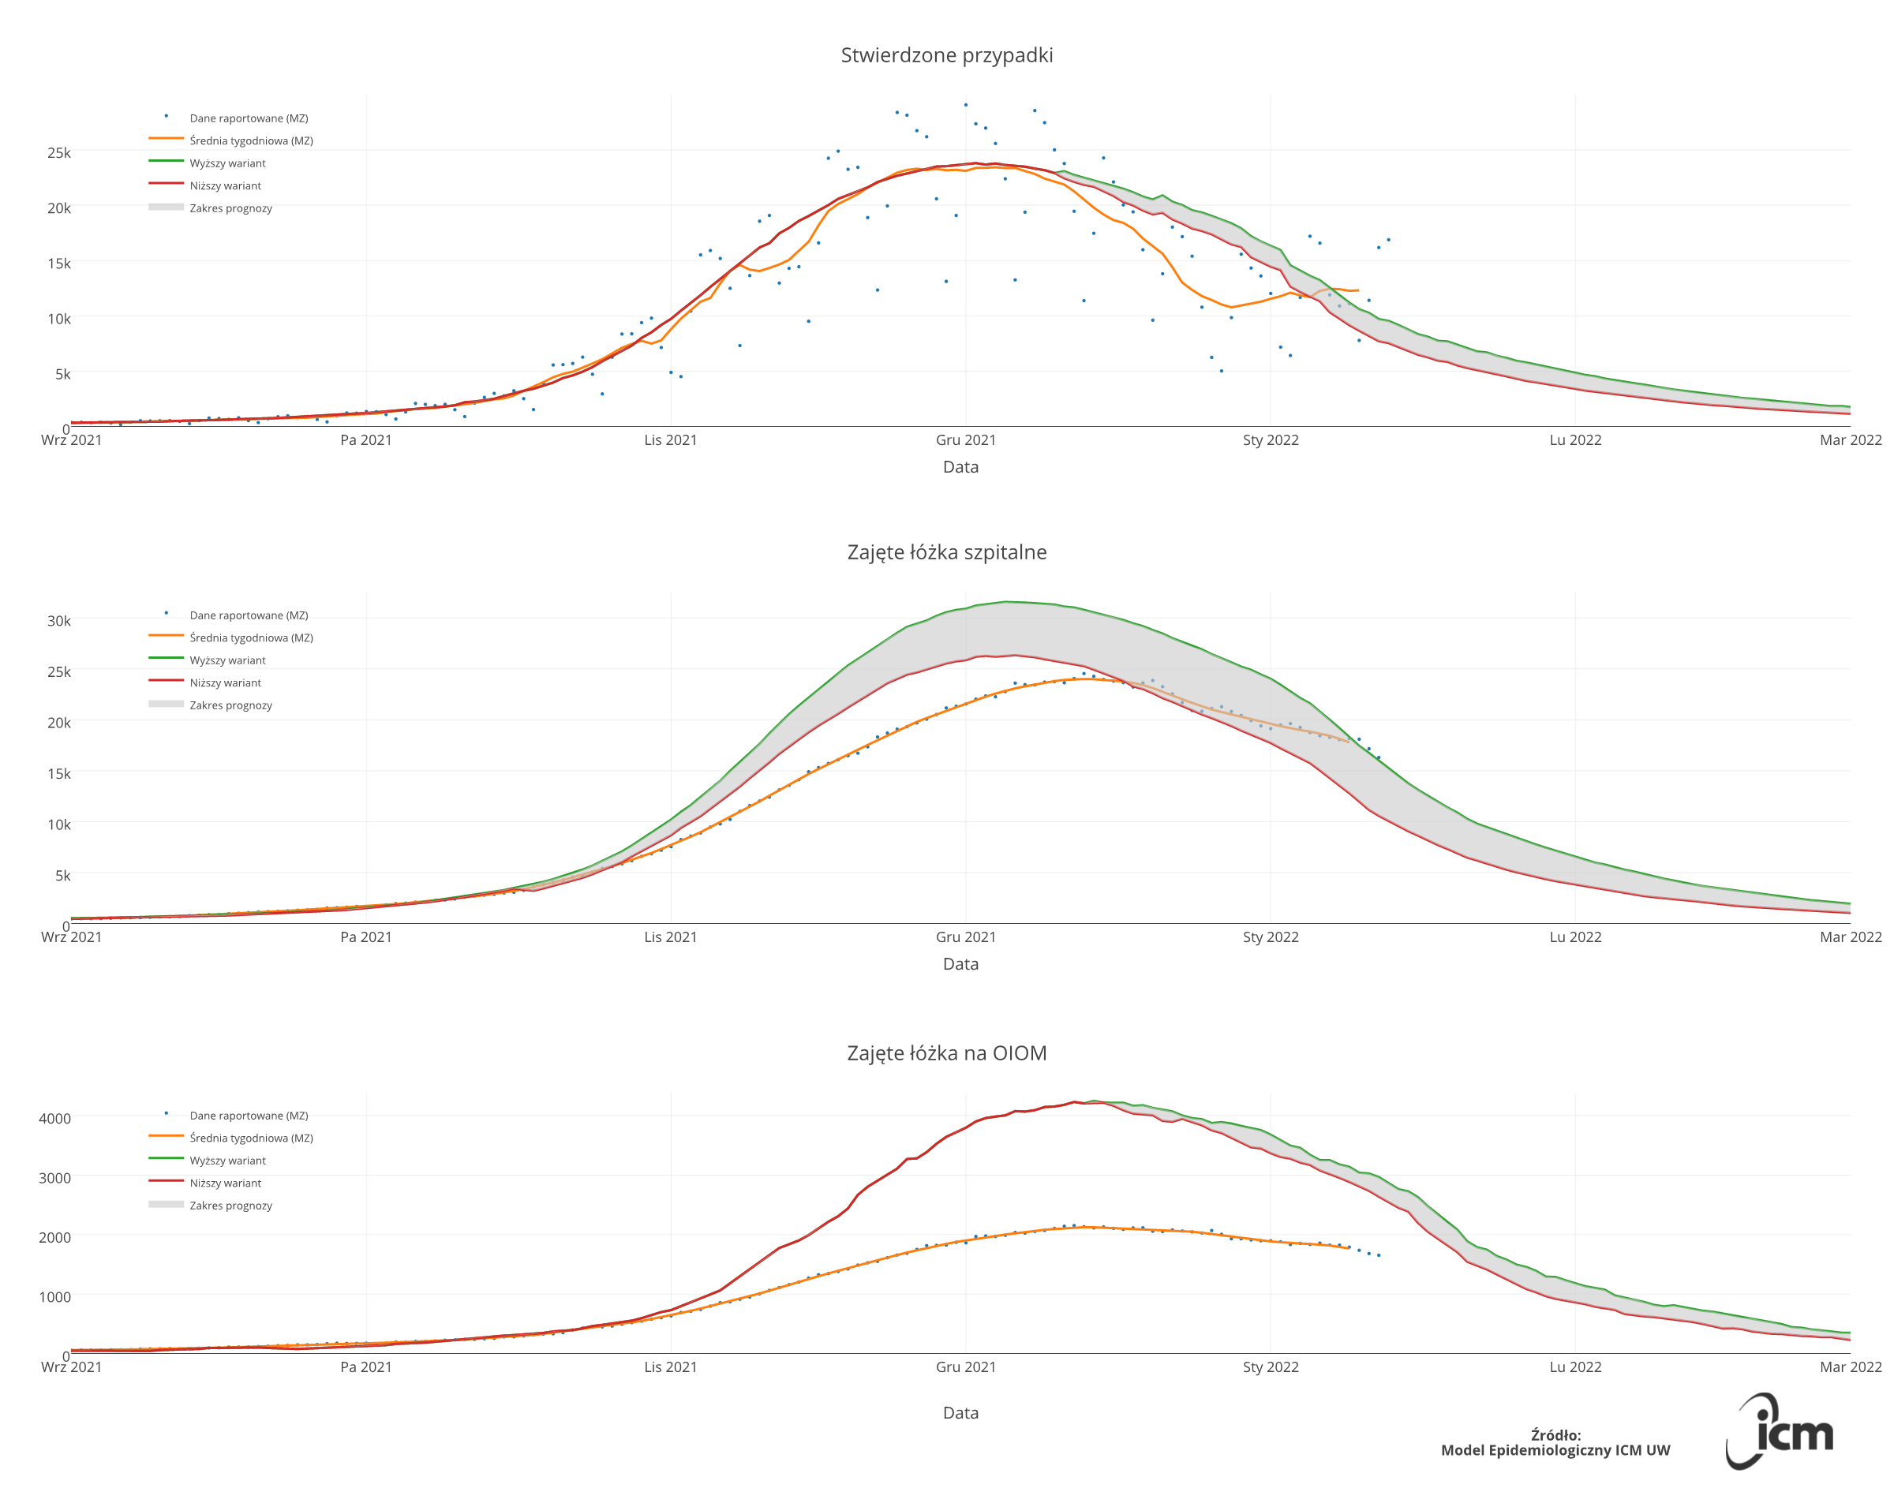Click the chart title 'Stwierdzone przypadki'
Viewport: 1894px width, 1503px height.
click(x=946, y=55)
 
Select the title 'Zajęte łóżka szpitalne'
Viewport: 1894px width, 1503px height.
click(x=946, y=552)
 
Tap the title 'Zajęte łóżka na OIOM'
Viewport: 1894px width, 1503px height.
click(x=946, y=1053)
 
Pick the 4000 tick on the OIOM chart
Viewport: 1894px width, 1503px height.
click(x=54, y=1118)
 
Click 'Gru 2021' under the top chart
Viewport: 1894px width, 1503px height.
click(x=965, y=440)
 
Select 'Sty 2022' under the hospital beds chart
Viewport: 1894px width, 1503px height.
click(x=1271, y=937)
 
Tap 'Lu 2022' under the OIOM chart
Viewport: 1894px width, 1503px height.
click(x=1575, y=1367)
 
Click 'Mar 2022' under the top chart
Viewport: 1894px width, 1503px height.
click(x=1850, y=440)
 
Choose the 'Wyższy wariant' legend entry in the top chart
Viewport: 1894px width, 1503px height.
click(x=227, y=163)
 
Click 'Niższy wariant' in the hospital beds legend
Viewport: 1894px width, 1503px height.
click(x=225, y=683)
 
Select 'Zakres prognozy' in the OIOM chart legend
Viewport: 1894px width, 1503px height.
click(x=231, y=1206)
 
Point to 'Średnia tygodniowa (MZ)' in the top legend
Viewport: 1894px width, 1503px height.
click(x=251, y=140)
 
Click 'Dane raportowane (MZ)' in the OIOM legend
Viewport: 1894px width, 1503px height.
click(x=249, y=1116)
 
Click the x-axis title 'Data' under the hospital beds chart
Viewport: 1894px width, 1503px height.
click(x=960, y=963)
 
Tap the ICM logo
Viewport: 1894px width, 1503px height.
click(x=1780, y=1431)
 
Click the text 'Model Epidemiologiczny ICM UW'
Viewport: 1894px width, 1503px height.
click(x=1555, y=1450)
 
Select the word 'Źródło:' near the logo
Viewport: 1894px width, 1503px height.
click(x=1555, y=1435)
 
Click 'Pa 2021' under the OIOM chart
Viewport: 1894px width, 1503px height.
click(x=365, y=1367)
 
